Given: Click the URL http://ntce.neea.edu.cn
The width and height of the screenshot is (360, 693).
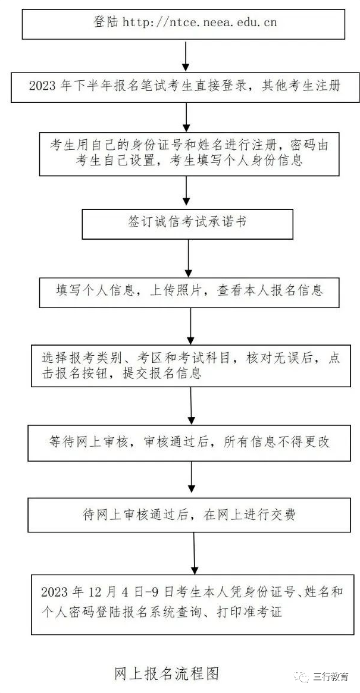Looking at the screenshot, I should (x=199, y=23).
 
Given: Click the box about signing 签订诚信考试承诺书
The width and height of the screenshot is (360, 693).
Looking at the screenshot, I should (x=187, y=223).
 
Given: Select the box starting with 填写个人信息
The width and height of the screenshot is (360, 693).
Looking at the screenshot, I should (x=189, y=291).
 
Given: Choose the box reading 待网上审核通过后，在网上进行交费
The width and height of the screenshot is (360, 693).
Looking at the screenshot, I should (x=189, y=515).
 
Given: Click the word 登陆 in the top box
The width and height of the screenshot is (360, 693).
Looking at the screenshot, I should (x=107, y=23).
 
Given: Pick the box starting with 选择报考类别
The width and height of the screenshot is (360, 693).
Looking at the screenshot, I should (x=189, y=365).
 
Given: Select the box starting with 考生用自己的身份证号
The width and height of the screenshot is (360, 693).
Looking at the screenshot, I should (x=189, y=153).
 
